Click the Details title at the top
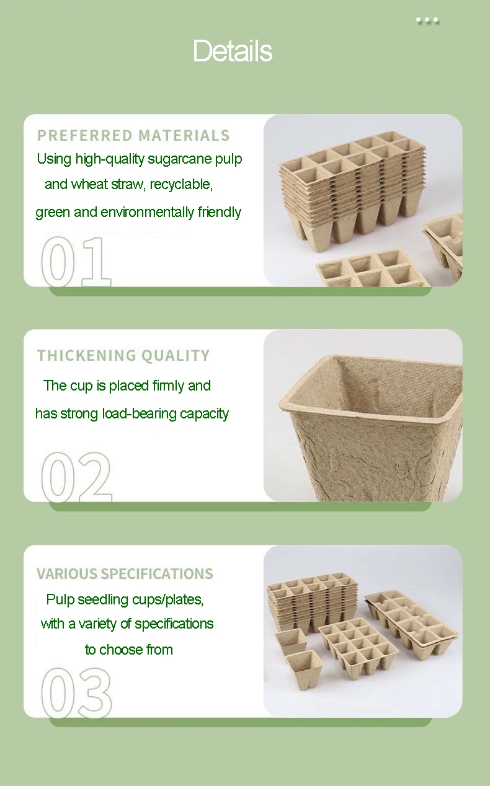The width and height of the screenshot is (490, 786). [233, 51]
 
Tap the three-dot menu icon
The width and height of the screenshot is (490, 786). [427, 20]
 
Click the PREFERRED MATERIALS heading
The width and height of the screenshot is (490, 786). [133, 135]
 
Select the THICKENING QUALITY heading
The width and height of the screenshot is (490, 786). [123, 355]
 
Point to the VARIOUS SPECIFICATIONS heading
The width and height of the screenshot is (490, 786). [125, 573]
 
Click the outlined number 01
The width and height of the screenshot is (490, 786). [76, 262]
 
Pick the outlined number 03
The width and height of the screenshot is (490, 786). [76, 693]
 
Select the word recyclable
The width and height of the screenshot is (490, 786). [181, 185]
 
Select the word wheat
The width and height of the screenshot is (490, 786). [89, 185]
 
